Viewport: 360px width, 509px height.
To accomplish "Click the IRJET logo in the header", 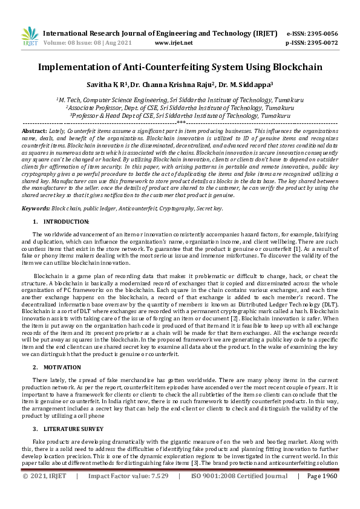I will point(28,37).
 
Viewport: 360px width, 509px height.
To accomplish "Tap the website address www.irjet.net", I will point(174,43).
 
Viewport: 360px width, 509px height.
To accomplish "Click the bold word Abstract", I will point(33,131).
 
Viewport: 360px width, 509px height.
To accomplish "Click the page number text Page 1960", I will point(322,493).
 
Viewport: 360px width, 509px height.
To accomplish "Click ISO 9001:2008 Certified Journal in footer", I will point(239,493).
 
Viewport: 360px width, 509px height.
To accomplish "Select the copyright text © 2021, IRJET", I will point(44,493).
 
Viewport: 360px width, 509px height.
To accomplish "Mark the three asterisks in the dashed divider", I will point(180,123).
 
